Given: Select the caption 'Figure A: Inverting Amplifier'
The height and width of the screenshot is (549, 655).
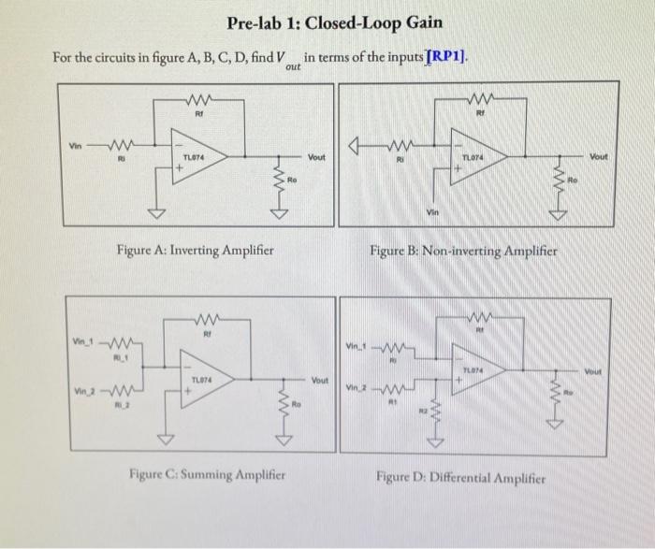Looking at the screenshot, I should (x=195, y=250).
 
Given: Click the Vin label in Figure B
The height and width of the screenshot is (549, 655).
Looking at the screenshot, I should (x=434, y=212).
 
